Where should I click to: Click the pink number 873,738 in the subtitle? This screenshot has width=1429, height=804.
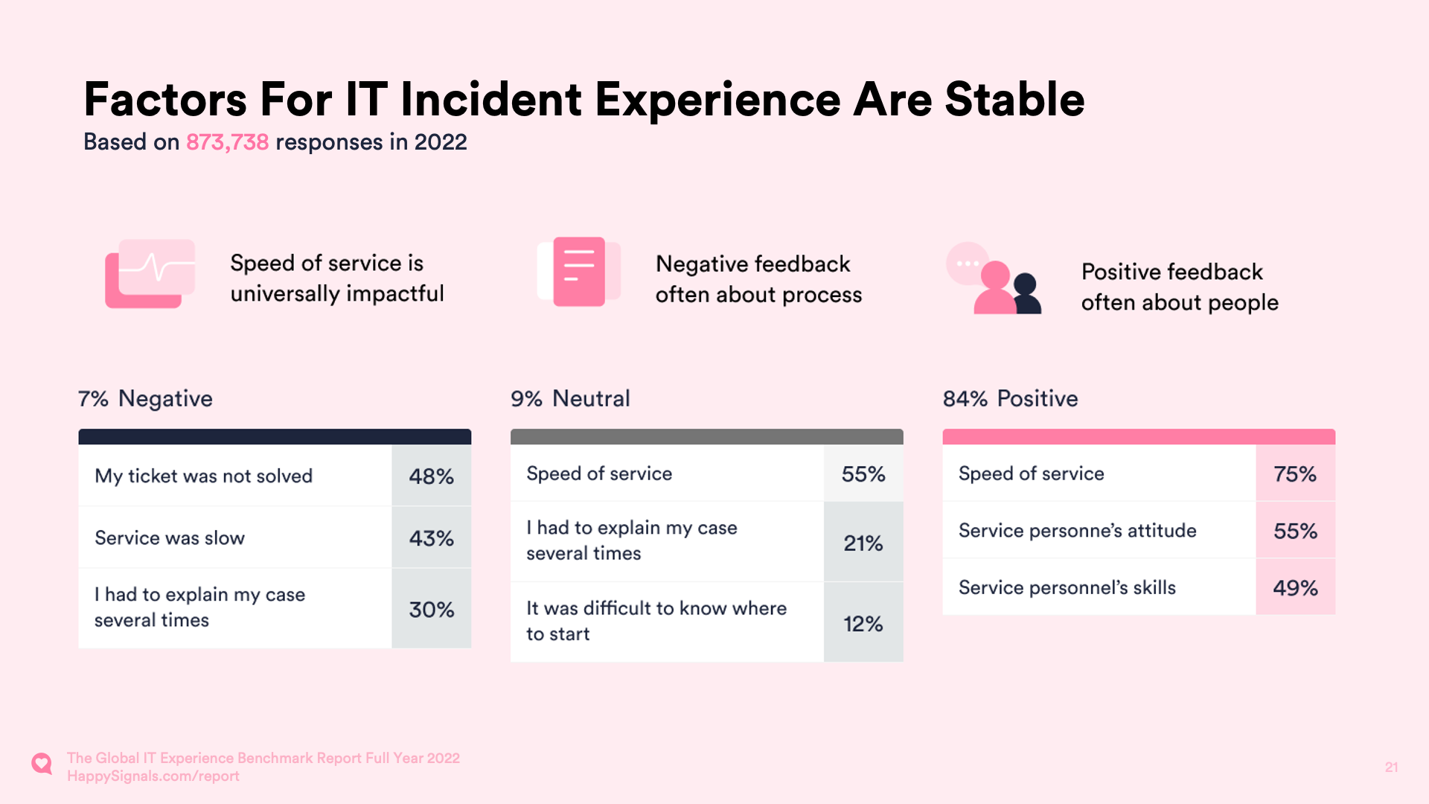click(x=227, y=142)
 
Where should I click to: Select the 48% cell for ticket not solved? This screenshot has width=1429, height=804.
click(x=431, y=476)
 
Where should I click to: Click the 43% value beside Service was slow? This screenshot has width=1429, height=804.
click(x=431, y=538)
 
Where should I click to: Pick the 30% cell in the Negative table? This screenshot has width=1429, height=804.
click(x=431, y=610)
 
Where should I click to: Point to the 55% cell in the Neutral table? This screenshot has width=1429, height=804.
click(x=863, y=474)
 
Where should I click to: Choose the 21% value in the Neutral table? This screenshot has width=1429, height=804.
click(x=863, y=543)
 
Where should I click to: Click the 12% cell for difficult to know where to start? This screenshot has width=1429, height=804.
click(x=863, y=624)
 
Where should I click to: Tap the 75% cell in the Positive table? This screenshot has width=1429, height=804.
click(x=1294, y=474)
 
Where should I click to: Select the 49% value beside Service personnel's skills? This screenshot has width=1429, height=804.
click(x=1294, y=588)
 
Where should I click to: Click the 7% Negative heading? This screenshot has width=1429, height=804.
click(x=145, y=399)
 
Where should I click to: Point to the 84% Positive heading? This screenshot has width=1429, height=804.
click(x=1010, y=399)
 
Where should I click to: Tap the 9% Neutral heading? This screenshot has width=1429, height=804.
click(x=570, y=399)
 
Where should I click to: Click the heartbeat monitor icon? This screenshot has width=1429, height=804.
click(x=150, y=273)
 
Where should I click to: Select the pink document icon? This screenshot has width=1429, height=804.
click(x=579, y=272)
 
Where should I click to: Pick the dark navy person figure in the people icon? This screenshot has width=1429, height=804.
click(x=1026, y=295)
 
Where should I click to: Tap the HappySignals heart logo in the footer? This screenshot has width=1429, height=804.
click(x=42, y=764)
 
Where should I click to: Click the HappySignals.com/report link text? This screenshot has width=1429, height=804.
click(x=153, y=776)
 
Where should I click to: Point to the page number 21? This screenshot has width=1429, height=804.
click(x=1391, y=768)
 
